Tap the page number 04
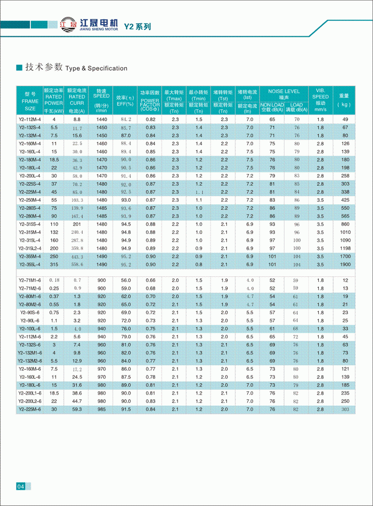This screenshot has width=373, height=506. [20, 486]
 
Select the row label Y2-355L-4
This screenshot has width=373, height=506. [30, 264]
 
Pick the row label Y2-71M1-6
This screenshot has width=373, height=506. [30, 280]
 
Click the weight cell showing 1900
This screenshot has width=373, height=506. [344, 264]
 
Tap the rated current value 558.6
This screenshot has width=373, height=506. [77, 264]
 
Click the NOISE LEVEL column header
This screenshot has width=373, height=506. [284, 91]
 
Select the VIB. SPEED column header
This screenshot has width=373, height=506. [320, 96]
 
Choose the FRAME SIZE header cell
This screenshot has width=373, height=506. [30, 101]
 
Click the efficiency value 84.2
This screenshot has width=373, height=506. [126, 120]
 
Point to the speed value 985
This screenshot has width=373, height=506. [102, 409]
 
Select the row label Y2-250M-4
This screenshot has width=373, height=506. [30, 200]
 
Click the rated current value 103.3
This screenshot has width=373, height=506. [77, 200]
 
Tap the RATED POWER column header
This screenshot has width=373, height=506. [54, 99]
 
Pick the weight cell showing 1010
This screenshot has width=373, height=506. [344, 232]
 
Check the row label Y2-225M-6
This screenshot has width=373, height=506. [30, 409]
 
